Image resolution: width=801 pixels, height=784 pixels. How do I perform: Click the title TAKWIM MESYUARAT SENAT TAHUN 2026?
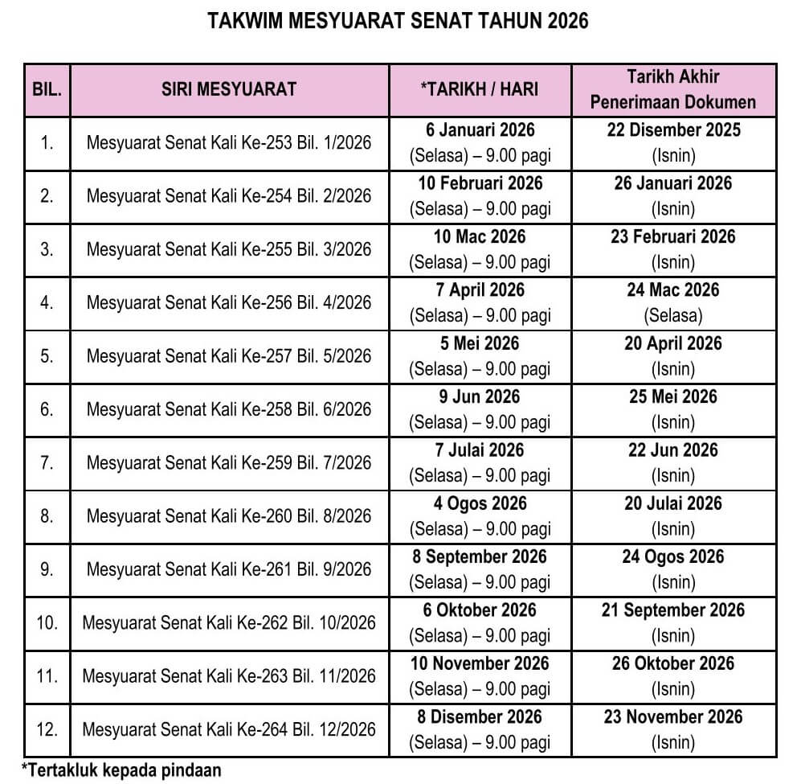click(398, 21)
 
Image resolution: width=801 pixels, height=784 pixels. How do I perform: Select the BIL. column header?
click(47, 89)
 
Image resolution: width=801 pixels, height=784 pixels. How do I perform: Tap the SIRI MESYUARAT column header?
click(229, 89)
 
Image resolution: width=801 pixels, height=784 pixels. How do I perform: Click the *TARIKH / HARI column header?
click(480, 89)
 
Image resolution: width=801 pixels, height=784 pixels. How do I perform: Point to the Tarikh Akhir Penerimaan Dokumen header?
click(673, 89)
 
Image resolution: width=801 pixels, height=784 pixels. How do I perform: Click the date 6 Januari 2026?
click(480, 130)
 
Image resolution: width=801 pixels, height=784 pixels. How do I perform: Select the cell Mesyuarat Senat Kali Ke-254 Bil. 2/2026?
click(229, 196)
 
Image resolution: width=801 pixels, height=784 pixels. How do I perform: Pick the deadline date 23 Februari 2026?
click(673, 236)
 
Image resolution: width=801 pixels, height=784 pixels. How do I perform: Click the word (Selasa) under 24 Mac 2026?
click(673, 315)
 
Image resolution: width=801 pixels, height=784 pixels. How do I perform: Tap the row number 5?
click(47, 356)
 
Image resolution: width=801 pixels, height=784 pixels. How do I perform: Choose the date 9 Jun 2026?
click(480, 397)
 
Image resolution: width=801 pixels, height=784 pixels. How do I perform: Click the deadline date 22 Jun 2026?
click(673, 450)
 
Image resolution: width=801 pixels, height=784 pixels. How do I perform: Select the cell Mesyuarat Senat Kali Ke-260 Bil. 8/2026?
click(229, 516)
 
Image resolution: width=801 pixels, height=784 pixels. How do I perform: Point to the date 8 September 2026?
click(480, 556)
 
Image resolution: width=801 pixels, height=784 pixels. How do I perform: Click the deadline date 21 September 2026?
click(673, 610)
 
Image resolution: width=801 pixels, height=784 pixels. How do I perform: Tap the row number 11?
click(47, 676)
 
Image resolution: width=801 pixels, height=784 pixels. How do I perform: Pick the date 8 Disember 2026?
click(480, 716)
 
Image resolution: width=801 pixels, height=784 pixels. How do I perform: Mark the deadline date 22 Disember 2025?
click(673, 130)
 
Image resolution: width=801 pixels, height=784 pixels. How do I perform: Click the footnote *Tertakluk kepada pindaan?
click(121, 770)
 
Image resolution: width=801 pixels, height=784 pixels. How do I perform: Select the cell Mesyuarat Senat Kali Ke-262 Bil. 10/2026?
click(229, 623)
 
